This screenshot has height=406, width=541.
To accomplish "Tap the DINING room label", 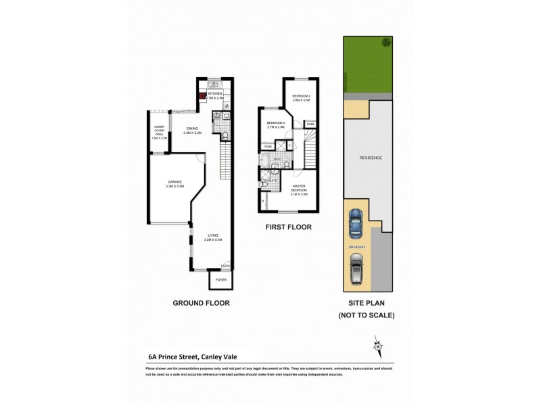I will (193, 129).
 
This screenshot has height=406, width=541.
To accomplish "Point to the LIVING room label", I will (213, 236).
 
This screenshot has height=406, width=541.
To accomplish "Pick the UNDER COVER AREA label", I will (160, 131).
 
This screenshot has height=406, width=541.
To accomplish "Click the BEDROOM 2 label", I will (301, 97).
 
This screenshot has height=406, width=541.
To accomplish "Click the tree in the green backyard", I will (386, 42).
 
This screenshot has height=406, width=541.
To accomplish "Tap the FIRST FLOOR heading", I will (288, 227).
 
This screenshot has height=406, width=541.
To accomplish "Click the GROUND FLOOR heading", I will (200, 303).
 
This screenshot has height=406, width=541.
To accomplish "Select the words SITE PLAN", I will (367, 303).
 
